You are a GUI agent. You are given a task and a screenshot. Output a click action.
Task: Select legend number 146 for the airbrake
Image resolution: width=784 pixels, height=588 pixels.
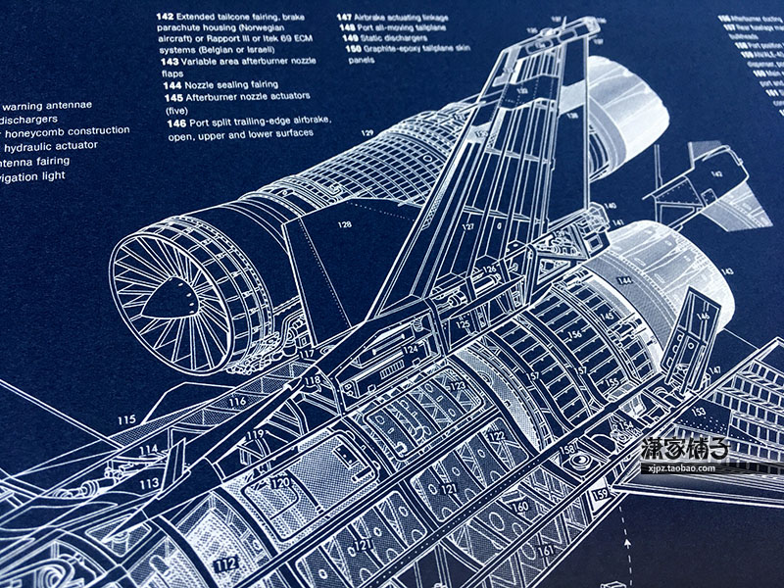coord(173,123)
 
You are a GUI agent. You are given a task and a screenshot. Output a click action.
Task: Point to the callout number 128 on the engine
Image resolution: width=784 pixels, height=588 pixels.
coord(344,224)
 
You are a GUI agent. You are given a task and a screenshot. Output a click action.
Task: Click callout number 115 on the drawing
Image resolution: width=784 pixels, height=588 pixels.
coord(126,420)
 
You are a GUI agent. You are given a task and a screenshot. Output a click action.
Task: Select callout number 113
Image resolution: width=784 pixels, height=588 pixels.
coord(148,484)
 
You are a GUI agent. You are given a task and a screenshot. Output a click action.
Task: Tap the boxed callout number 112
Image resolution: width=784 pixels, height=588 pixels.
coord(226,563)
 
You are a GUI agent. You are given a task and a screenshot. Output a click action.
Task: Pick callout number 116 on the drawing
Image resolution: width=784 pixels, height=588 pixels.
coord(236,401)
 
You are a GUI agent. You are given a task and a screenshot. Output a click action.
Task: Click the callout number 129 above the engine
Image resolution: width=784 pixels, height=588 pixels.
coord(367,133)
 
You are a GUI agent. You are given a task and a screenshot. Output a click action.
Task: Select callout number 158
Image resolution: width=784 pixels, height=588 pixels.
coord(568,449)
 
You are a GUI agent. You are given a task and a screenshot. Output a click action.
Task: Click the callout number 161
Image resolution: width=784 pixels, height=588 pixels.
coord(547,552)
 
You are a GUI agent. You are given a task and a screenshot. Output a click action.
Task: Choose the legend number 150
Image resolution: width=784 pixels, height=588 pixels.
coord(348,47)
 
